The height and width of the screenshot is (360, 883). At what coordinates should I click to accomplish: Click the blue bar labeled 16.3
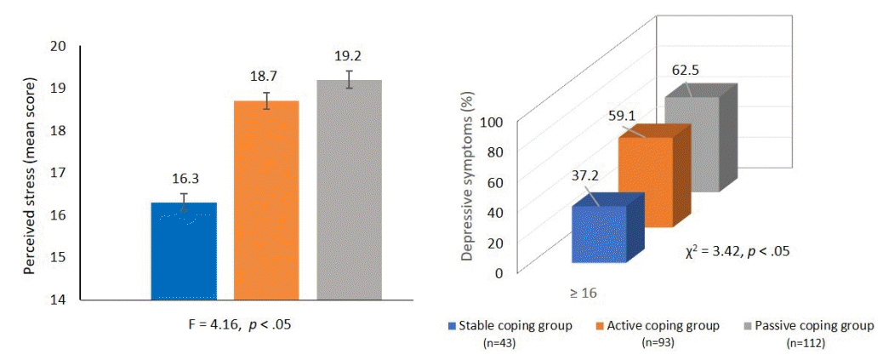[x=183, y=251]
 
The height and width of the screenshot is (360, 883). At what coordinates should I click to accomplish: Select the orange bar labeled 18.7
[x=266, y=200]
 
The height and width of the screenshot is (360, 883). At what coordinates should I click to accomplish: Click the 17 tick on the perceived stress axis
[x=59, y=173]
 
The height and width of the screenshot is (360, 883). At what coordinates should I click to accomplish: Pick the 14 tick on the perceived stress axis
[x=59, y=300]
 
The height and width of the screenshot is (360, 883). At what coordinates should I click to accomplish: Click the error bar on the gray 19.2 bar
[x=349, y=79]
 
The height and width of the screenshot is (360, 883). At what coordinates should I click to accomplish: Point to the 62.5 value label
[x=685, y=71]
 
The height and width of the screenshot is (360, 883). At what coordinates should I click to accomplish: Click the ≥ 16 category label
[x=583, y=293]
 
